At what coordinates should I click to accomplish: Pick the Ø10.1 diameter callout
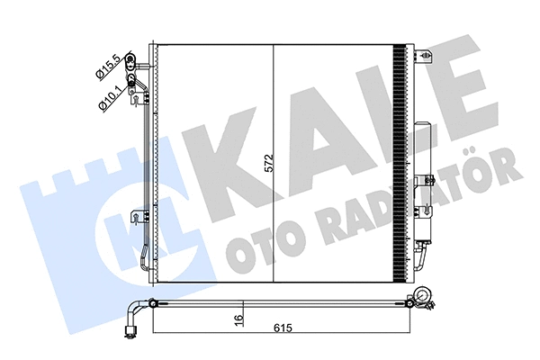point(108,94)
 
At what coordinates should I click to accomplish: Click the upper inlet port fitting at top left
point(134,63)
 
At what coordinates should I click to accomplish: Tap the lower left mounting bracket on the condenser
point(137,216)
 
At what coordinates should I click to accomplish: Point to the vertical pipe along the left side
point(142,180)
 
